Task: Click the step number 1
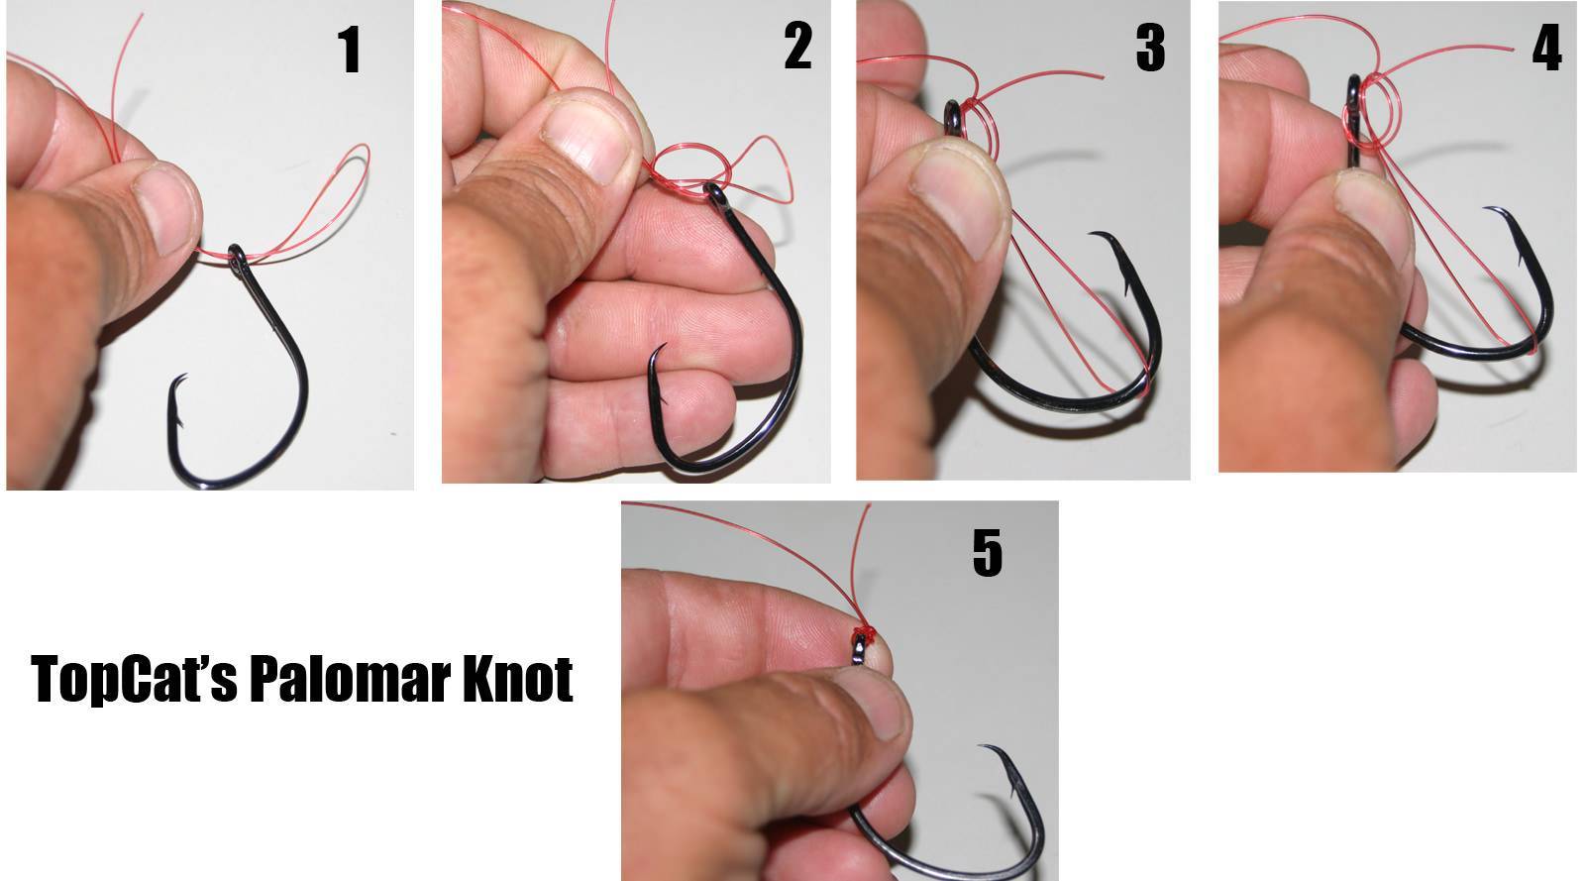coord(350,50)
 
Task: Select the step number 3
coord(1150,49)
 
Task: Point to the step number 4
coord(1547,49)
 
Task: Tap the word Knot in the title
coord(517,679)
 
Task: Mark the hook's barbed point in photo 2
coord(664,346)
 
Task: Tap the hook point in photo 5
coord(982,746)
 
